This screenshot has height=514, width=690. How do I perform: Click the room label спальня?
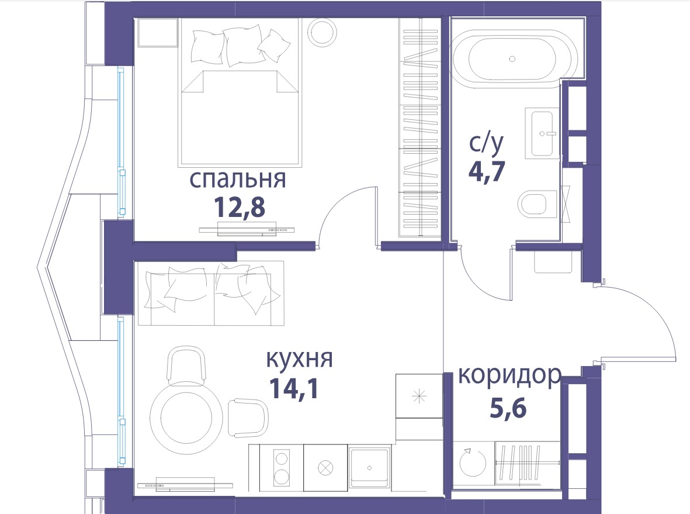pyautogui.click(x=238, y=180)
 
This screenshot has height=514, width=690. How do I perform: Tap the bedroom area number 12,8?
pyautogui.click(x=240, y=207)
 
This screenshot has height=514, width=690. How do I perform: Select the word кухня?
pyautogui.click(x=299, y=360)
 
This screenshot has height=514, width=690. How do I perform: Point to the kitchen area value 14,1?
pyautogui.click(x=293, y=388)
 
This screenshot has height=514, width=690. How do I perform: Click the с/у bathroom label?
pyautogui.click(x=486, y=143)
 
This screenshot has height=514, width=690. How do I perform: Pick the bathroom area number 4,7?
pyautogui.click(x=487, y=171)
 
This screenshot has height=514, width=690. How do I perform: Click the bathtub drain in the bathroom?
pyautogui.click(x=512, y=58)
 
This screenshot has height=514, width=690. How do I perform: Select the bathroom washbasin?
pyautogui.click(x=542, y=133)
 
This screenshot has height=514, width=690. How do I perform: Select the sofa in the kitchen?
pyautogui.click(x=211, y=293)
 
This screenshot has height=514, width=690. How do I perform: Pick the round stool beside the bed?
pyautogui.click(x=323, y=32)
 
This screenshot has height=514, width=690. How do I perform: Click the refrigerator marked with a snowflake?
pyautogui.click(x=419, y=396)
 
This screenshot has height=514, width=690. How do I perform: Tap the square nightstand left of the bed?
pyautogui.click(x=157, y=32)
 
